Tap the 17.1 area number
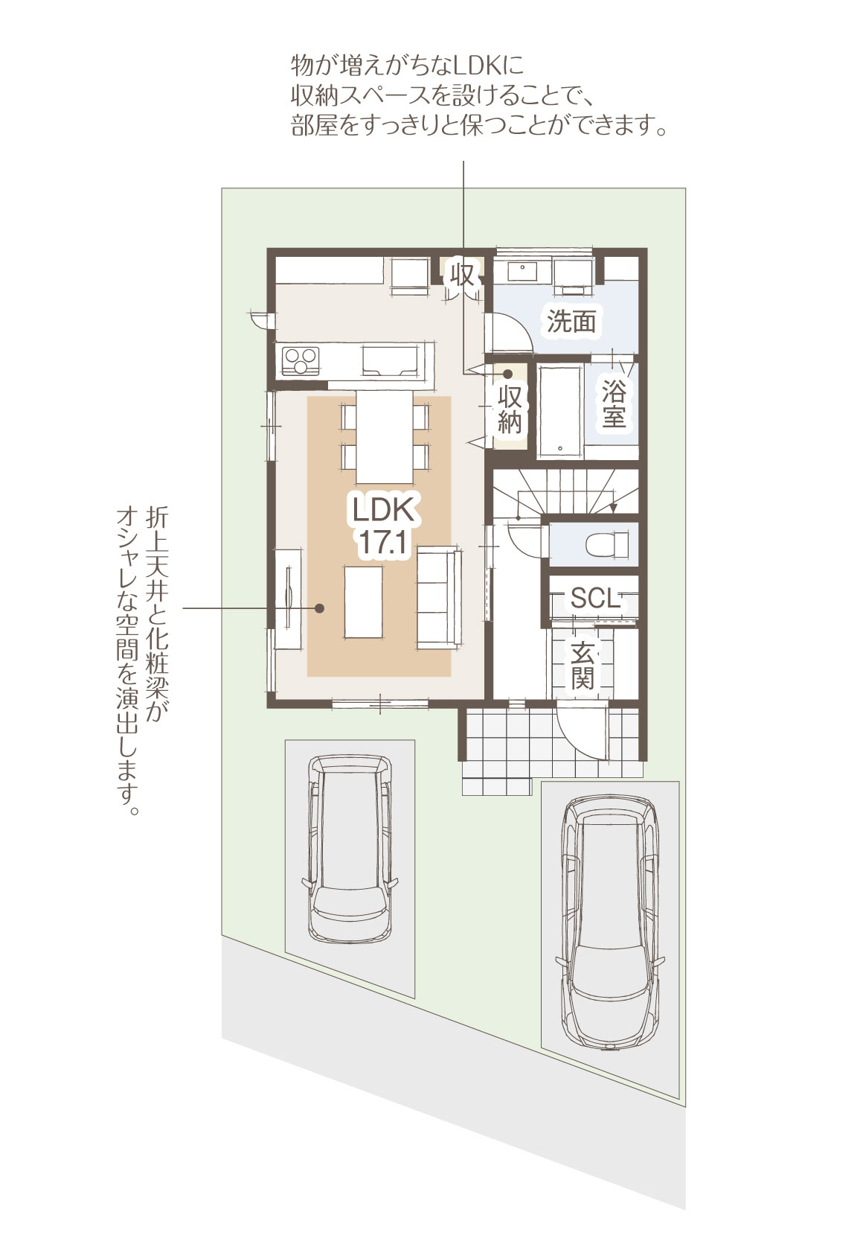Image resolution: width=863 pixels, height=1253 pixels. [383, 541]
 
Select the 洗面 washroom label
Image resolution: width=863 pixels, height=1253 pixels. [571, 322]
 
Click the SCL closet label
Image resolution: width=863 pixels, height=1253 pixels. [596, 598]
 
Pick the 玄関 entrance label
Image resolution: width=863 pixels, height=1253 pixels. [583, 666]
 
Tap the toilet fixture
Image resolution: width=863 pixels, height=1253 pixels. [606, 542]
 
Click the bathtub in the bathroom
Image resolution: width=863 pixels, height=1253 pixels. [561, 411]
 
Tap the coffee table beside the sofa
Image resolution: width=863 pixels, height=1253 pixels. [363, 602]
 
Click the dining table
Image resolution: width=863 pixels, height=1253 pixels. [385, 437]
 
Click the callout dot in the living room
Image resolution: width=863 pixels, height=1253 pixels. [320, 608]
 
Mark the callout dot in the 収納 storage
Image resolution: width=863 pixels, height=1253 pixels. [507, 373]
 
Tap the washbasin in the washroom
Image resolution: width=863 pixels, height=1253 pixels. [522, 271]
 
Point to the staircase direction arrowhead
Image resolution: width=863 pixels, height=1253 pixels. [614, 508]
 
